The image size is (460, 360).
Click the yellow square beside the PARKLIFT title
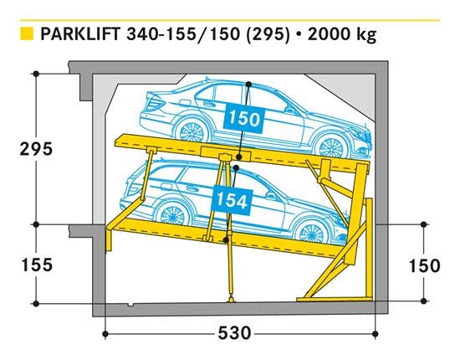[x=27, y=33]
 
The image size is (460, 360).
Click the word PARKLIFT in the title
[x=80, y=33]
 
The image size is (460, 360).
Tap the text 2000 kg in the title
[x=342, y=34]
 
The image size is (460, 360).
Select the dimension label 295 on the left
[x=36, y=148]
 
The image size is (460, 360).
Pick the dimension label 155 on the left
[x=37, y=265]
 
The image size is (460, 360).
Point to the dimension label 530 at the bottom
[x=235, y=333]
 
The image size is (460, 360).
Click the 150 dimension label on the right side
[x=424, y=265]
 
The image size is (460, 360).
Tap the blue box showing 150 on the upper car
[x=243, y=118]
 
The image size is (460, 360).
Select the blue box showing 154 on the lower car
[x=232, y=200]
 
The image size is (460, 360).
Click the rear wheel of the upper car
[x=191, y=131]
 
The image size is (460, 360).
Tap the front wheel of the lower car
[x=310, y=231]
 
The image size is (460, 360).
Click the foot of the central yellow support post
[x=232, y=300]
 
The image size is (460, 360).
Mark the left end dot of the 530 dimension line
[x=105, y=333]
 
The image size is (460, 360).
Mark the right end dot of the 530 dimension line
[x=376, y=333]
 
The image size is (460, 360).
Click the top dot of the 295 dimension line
[x=36, y=74]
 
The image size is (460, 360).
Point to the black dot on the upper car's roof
[x=248, y=85]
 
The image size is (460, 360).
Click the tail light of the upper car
[x=156, y=103]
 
